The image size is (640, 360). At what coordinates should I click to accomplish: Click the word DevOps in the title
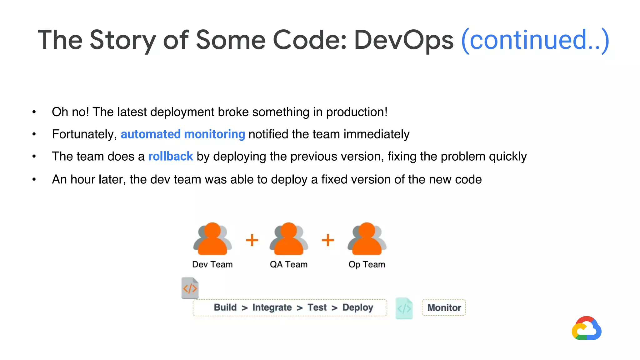pyautogui.click(x=403, y=40)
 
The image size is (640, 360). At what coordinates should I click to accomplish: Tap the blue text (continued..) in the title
pyautogui.click(x=535, y=40)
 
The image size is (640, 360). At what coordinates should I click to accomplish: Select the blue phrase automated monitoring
pyautogui.click(x=183, y=134)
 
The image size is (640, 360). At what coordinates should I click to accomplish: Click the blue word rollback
pyautogui.click(x=170, y=156)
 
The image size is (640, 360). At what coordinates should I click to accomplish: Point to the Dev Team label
pyautogui.click(x=212, y=264)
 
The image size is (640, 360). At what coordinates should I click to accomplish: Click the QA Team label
pyautogui.click(x=288, y=264)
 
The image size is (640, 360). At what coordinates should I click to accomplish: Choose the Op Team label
pyautogui.click(x=367, y=264)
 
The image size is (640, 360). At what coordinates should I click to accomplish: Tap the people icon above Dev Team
pyautogui.click(x=212, y=239)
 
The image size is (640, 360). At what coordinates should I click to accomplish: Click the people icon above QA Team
pyautogui.click(x=289, y=239)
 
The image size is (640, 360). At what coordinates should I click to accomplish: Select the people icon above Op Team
pyautogui.click(x=367, y=239)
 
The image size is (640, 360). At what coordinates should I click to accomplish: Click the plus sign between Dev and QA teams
pyautogui.click(x=252, y=240)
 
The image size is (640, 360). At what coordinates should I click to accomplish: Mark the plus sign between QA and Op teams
pyautogui.click(x=328, y=240)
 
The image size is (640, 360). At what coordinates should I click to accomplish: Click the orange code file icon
pyautogui.click(x=190, y=288)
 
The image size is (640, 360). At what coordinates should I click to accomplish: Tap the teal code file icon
pyautogui.click(x=404, y=308)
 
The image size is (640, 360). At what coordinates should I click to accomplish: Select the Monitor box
pyautogui.click(x=444, y=307)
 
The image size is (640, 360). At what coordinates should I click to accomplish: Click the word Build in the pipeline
pyautogui.click(x=225, y=307)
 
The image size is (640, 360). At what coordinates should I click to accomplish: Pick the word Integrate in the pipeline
pyautogui.click(x=272, y=307)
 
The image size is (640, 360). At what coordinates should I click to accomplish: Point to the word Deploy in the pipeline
pyautogui.click(x=357, y=307)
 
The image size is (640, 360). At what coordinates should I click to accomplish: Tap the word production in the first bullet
pyautogui.click(x=356, y=112)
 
